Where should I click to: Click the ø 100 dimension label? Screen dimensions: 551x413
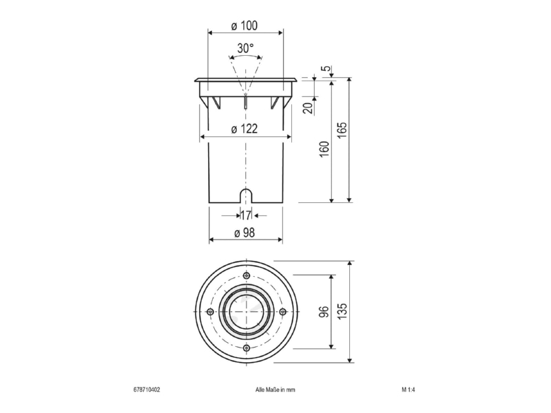click(x=245, y=25)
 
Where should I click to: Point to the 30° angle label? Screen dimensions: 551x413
click(x=245, y=48)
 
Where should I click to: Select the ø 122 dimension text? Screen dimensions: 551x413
click(x=245, y=129)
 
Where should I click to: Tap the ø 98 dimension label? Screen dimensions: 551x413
click(x=245, y=233)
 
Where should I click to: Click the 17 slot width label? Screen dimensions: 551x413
click(x=246, y=215)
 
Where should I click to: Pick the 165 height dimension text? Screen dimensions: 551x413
click(x=342, y=130)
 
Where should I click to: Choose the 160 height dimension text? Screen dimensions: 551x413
click(x=324, y=149)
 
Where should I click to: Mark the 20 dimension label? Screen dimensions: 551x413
click(x=308, y=108)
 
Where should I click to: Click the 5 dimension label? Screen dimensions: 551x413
click(x=327, y=67)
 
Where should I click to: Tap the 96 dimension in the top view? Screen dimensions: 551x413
click(x=324, y=312)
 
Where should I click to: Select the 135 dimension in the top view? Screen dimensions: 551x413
click(x=342, y=311)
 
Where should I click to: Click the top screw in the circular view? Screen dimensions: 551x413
click(x=247, y=275)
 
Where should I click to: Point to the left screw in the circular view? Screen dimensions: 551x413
click(x=210, y=311)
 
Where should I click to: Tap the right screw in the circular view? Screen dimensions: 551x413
click(x=282, y=311)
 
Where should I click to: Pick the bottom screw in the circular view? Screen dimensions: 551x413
click(x=247, y=348)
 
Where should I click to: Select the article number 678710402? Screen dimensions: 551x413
click(x=147, y=390)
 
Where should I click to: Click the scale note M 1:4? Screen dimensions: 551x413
click(x=408, y=390)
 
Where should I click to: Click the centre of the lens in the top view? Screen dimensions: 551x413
click(x=246, y=311)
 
